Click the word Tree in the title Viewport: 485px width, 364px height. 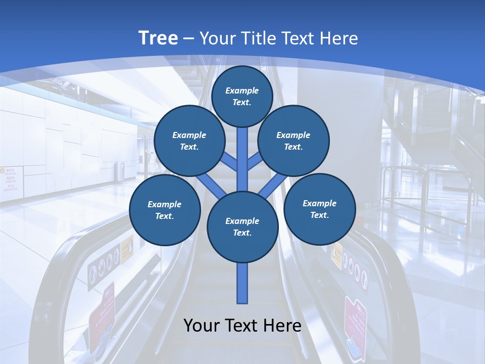(158, 38)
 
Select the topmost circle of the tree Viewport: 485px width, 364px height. (242, 96)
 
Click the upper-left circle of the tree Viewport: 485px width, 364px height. (189, 141)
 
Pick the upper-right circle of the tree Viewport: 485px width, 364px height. (294, 141)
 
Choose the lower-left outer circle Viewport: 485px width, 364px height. (165, 210)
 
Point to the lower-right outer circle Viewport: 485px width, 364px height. (319, 208)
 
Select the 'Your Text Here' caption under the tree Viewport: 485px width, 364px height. (243, 326)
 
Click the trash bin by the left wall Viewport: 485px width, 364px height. (120, 171)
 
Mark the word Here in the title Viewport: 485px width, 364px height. (341, 38)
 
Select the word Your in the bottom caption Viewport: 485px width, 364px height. (202, 326)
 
